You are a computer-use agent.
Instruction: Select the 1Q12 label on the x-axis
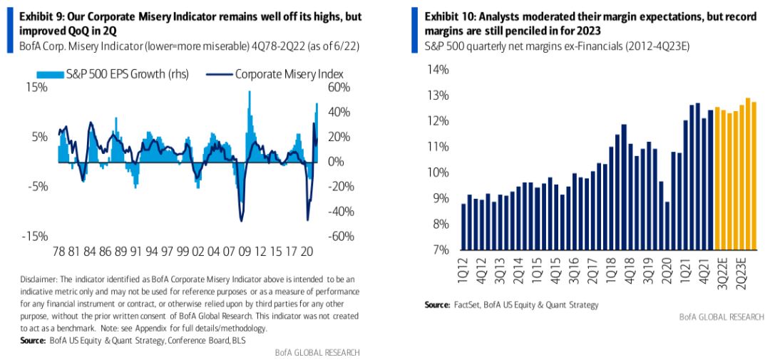click(464, 270)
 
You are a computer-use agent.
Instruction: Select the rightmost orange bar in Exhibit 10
click(754, 175)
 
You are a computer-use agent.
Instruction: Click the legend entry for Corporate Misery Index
click(281, 73)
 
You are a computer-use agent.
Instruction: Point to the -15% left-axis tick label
click(35, 237)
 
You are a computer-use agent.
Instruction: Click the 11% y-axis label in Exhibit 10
click(438, 147)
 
